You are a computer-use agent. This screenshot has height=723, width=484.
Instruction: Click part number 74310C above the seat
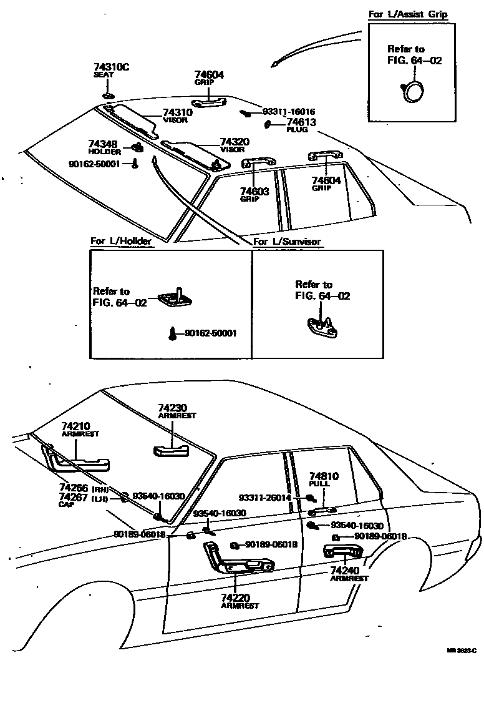coord(112,67)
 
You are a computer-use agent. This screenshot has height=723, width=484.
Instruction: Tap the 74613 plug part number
coord(302,122)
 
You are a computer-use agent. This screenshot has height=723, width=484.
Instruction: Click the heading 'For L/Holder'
coord(120,241)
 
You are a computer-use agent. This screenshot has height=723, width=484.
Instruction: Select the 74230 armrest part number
coord(172,408)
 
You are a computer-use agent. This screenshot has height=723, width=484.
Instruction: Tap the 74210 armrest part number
coord(75,426)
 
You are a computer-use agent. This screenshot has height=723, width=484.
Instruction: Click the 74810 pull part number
coord(324,476)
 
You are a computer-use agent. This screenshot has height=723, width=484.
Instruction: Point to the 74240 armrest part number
coord(345,571)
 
